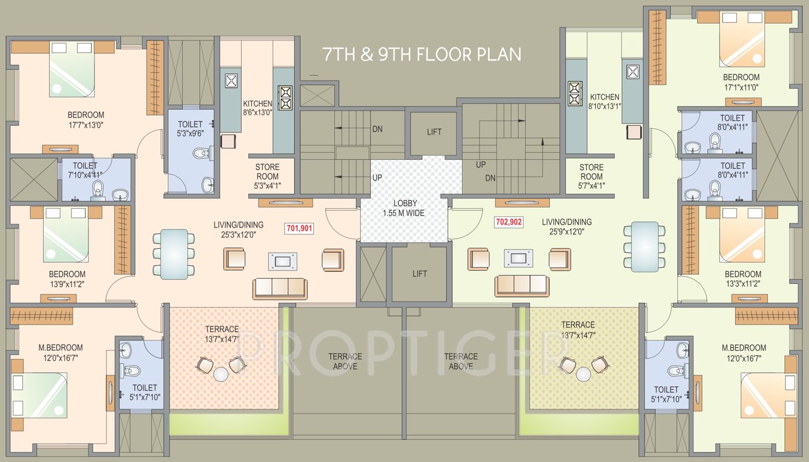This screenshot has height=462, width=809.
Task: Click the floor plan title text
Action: click(422, 54)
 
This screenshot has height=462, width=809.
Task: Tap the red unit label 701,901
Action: click(299, 228)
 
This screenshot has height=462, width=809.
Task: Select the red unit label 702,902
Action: click(509, 222)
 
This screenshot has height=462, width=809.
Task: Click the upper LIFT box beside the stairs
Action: click(434, 133)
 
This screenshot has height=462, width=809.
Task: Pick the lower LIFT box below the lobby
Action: click(420, 274)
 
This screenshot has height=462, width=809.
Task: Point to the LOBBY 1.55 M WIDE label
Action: click(404, 208)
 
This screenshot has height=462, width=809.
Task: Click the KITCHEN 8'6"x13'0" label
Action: click(257, 108)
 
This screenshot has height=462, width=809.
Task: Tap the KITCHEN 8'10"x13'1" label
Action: click(604, 101)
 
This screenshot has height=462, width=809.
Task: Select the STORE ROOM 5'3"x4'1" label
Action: click(267, 176)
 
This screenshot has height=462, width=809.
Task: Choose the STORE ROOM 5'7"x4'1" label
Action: click(591, 176)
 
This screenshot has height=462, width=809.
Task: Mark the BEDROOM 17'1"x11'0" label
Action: click(741, 82)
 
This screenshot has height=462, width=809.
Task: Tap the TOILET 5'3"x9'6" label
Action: click(190, 128)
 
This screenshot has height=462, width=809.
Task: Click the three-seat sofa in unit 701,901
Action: click(279, 287)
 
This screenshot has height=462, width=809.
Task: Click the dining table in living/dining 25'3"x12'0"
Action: click(174, 253)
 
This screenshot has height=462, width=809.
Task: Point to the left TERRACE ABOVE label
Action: click(345, 361)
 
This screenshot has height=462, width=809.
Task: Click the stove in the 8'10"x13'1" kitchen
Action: click(574, 93)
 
